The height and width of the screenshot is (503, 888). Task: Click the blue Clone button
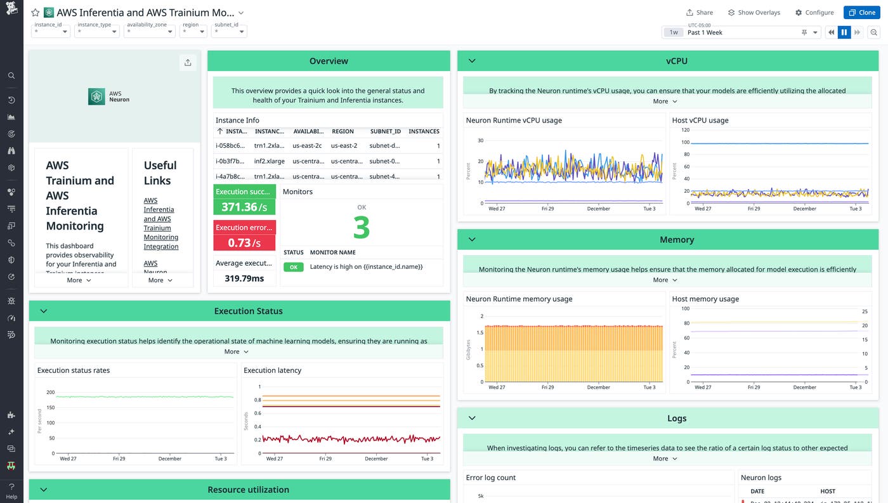861,13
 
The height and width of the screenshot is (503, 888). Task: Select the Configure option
814,13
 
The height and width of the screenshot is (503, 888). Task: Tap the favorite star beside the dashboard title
36,13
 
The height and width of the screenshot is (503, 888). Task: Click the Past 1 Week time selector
742,32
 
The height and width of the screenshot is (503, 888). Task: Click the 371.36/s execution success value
244,207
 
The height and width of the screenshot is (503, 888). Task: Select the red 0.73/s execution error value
244,242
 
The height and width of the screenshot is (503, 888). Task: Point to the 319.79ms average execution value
244,278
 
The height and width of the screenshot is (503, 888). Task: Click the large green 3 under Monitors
361,228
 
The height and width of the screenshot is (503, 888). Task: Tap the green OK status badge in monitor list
293,267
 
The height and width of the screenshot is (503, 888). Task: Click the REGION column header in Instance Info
343,131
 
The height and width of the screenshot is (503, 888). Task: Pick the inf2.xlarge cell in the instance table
269,161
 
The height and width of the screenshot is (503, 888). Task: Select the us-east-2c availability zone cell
307,146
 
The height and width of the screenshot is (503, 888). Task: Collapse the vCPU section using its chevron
472,61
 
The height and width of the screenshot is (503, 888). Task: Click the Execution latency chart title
272,370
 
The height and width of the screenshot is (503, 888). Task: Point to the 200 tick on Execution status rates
51,392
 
